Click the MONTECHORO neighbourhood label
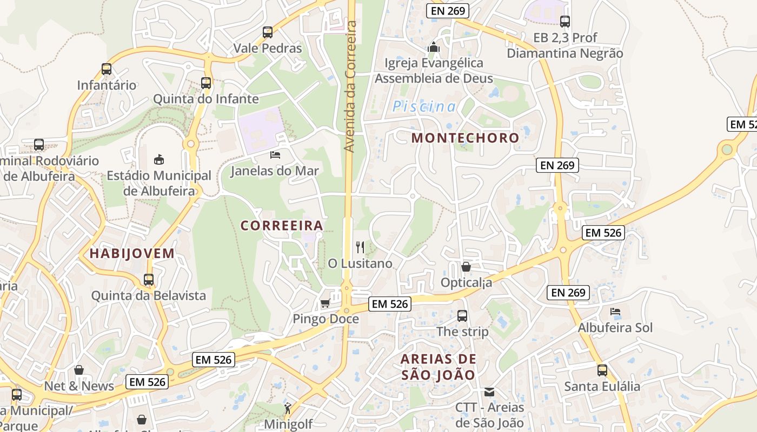click(465, 138)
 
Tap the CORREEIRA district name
click(282, 226)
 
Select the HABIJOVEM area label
click(132, 253)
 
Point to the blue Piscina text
click(424, 106)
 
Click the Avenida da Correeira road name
click(350, 86)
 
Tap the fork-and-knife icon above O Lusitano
click(360, 247)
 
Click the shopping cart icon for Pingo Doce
click(325, 303)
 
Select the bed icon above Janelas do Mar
click(275, 156)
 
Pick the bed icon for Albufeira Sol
click(615, 312)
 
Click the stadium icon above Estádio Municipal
click(159, 159)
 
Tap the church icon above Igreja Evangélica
click(434, 48)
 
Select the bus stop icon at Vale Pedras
click(268, 32)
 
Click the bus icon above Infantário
click(107, 69)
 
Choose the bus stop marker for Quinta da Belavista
click(149, 280)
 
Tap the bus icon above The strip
click(462, 316)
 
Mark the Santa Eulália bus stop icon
click(602, 370)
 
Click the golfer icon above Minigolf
click(288, 408)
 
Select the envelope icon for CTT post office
click(489, 392)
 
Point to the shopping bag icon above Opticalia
click(466, 267)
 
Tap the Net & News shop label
click(79, 386)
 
